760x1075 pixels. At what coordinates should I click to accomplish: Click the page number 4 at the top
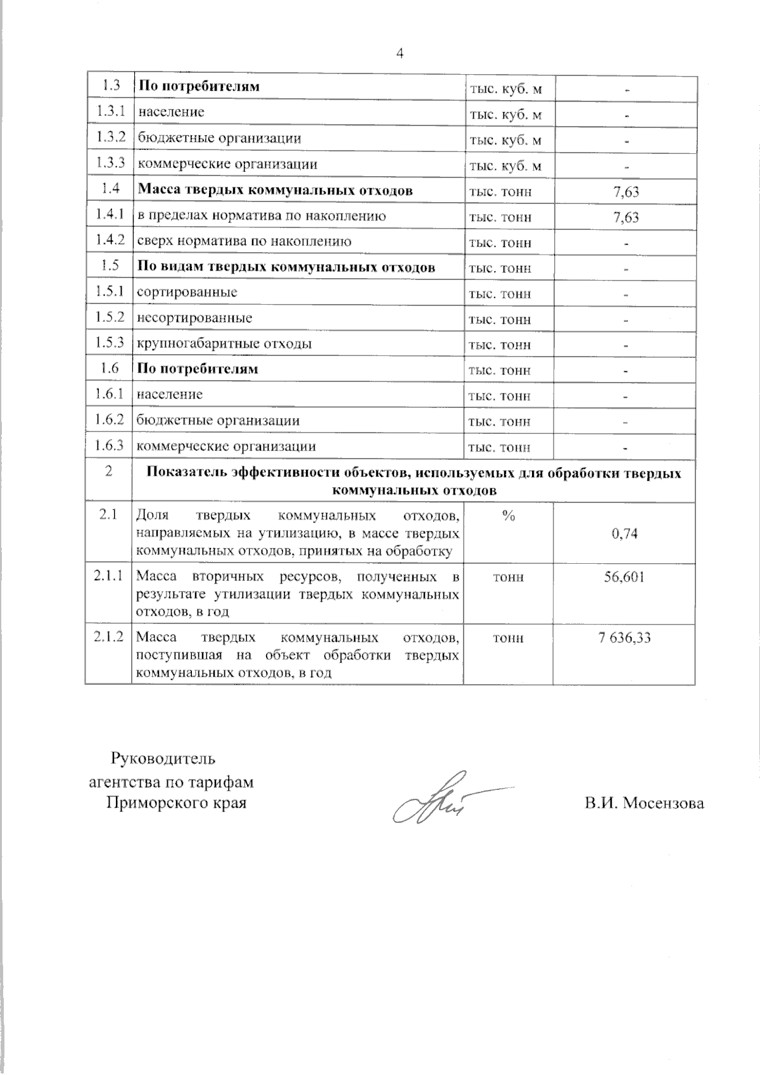[x=400, y=54]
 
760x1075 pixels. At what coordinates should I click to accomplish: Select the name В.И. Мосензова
[x=644, y=803]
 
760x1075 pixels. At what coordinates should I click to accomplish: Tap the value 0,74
[x=624, y=533]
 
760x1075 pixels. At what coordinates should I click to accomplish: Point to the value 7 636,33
[x=624, y=638]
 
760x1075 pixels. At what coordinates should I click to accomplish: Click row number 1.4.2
[x=109, y=241]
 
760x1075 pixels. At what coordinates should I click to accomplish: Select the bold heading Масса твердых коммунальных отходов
[x=275, y=190]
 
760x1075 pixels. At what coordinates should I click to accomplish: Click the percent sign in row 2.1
[x=508, y=516]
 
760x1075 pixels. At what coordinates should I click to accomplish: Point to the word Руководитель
[x=163, y=758]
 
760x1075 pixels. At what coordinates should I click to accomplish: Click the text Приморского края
[x=176, y=803]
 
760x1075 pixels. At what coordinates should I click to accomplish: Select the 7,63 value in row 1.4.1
[x=626, y=217]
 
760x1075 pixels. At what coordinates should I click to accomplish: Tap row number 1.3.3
[x=109, y=163]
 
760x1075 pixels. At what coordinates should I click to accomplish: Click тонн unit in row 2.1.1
[x=508, y=577]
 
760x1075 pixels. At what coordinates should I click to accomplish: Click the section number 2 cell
[x=109, y=471]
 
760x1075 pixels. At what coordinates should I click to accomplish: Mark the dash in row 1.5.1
[x=625, y=295]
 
